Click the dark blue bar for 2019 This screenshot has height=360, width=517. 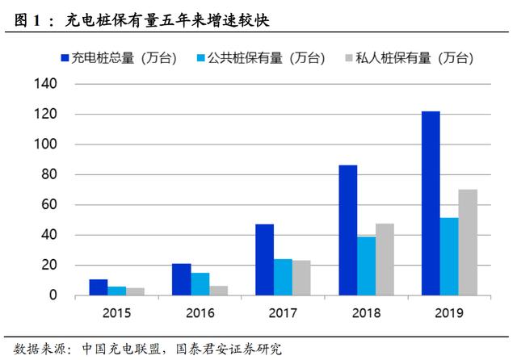click(431, 203)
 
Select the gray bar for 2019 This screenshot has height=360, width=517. click(468, 242)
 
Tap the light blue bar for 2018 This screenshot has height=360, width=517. click(366, 266)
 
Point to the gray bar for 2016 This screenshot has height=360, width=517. click(219, 291)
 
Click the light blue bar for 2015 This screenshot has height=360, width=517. click(117, 291)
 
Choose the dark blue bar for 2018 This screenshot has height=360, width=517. click(347, 230)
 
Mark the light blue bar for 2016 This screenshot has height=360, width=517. click(200, 284)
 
